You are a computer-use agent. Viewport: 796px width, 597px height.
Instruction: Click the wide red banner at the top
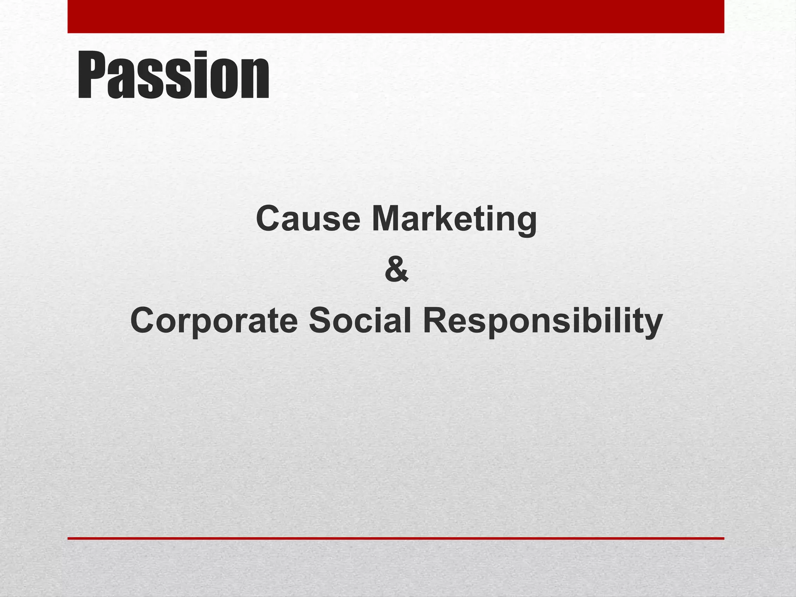[396, 16]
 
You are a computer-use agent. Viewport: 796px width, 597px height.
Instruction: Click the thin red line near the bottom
[396, 538]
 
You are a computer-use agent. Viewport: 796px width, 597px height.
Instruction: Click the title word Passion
[173, 76]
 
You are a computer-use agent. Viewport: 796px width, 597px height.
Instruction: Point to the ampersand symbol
[396, 270]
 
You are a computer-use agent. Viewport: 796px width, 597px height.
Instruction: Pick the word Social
[360, 321]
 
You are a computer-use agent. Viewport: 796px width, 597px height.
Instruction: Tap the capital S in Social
[321, 321]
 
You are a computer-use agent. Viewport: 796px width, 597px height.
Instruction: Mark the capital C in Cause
[269, 219]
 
